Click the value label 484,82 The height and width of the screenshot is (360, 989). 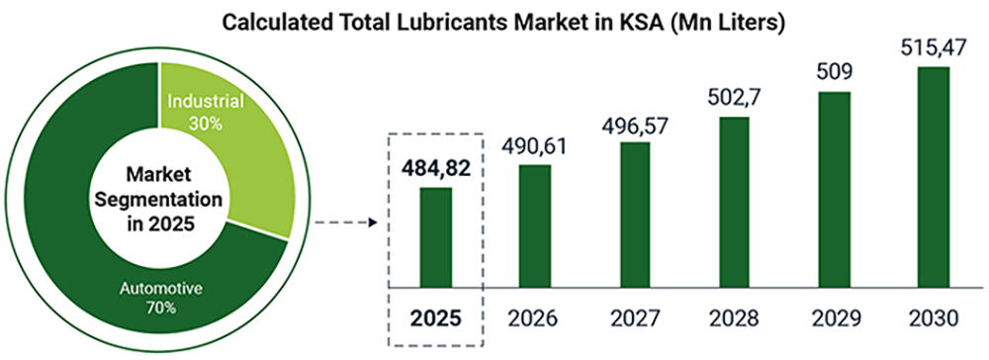435,166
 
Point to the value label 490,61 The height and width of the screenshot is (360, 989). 535,144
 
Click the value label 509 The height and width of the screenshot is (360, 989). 833,72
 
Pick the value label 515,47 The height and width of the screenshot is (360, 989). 933,47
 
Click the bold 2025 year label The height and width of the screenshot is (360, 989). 435,319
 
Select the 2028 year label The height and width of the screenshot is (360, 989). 733,319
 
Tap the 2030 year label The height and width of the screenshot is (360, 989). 933,319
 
